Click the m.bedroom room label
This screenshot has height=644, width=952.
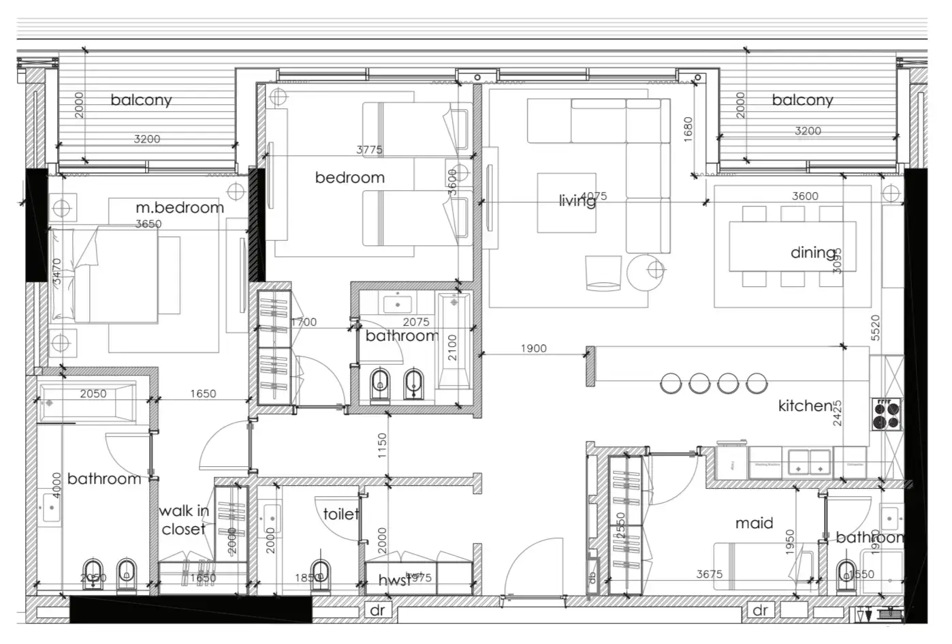click(180, 207)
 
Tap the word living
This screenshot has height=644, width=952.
click(576, 200)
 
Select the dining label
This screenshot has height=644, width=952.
click(812, 253)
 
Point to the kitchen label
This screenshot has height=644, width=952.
click(805, 405)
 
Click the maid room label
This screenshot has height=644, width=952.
click(754, 523)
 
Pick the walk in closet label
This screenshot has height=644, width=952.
click(183, 520)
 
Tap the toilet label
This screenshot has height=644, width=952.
click(340, 513)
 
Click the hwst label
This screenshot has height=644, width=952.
click(394, 580)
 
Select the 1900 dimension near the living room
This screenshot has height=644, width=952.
click(533, 348)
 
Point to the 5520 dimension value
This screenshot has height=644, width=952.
click(876, 328)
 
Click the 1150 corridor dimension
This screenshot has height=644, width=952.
click(382, 446)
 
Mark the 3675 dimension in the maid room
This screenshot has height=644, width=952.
click(709, 574)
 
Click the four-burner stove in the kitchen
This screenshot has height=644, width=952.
click(886, 414)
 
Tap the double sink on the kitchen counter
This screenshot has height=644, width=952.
click(809, 462)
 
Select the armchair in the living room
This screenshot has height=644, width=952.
click(603, 273)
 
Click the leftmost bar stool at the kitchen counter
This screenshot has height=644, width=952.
click(671, 384)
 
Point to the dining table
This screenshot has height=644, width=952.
click(793, 246)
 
